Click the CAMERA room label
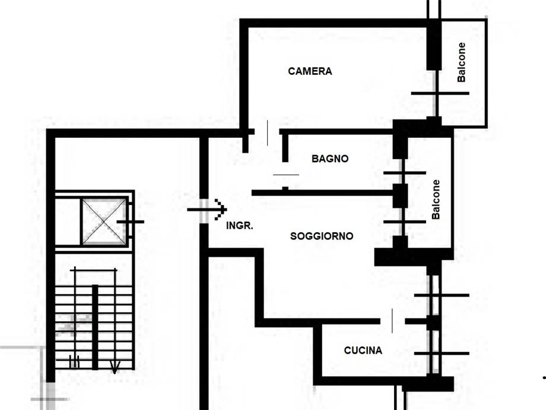310,71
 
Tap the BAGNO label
330,159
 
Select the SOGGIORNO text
322,236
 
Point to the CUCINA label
363,350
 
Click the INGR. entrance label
240,226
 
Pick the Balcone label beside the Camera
461,62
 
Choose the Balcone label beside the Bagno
436,200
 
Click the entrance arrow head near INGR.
221,210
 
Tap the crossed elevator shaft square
104,222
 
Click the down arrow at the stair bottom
115,367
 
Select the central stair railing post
95,327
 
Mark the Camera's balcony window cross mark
440,93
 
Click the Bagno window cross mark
404,172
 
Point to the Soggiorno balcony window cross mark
404,222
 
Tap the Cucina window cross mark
442,353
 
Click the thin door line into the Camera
268,133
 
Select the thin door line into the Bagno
286,175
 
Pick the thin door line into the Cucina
392,321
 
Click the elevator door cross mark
130,222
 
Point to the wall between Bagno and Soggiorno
322,193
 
